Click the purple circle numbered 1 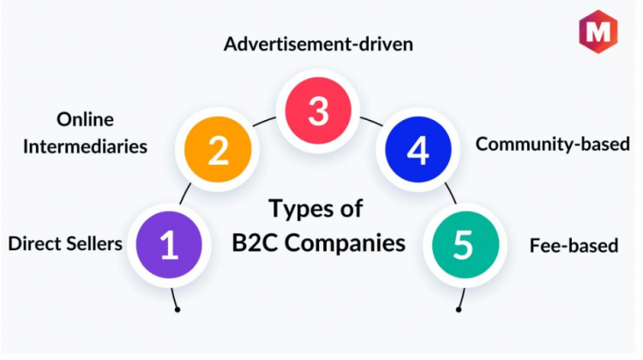[x=169, y=245]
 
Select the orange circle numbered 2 [x=218, y=149]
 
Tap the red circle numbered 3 [x=318, y=111]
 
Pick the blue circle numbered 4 [x=418, y=149]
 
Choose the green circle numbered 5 [x=466, y=245]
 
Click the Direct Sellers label [x=65, y=244]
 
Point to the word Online [x=85, y=120]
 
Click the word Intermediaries [x=85, y=147]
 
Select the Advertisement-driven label [x=318, y=45]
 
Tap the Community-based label [x=552, y=144]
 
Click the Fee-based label [x=574, y=246]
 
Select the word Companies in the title [x=345, y=243]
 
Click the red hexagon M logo [x=598, y=32]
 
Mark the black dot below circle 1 [x=177, y=309]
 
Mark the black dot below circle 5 [x=459, y=309]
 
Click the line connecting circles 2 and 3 [x=264, y=121]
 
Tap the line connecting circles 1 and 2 [x=185, y=194]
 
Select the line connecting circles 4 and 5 [x=451, y=194]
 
